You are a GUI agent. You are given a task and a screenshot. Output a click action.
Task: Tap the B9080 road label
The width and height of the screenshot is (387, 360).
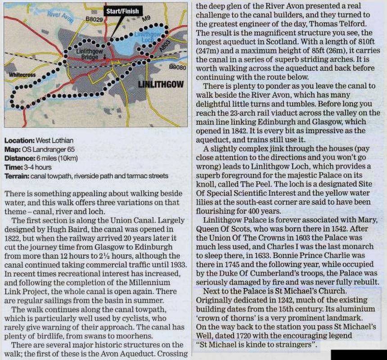tap(177, 67)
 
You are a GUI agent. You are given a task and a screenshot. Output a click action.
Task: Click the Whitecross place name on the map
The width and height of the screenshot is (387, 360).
tap(22, 74)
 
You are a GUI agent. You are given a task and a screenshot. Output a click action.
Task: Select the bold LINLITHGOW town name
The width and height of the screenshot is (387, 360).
tap(160, 84)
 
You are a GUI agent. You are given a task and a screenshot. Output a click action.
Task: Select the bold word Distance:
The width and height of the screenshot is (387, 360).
tap(19, 158)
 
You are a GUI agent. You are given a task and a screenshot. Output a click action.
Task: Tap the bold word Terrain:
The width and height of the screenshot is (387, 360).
tap(18, 175)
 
